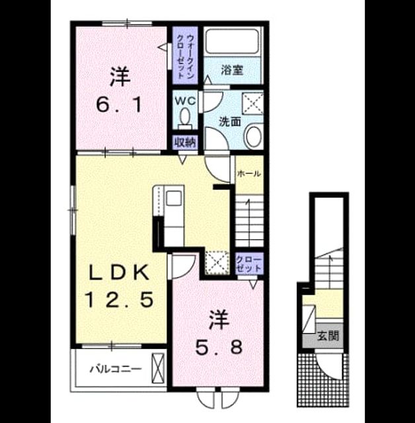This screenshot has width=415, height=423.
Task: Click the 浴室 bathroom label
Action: click(232, 70)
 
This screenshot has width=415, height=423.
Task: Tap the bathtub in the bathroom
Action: click(232, 41)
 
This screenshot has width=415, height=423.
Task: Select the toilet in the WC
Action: click(185, 119)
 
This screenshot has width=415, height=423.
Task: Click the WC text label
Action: click(185, 101)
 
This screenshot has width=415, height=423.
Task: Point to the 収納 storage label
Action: click(185, 142)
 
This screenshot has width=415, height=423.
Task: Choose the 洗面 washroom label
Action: click(230, 122)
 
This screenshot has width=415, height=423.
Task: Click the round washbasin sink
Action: click(253, 136)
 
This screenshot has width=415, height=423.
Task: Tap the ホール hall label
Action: click(248, 174)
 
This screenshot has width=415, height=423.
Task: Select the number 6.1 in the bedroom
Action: click(119, 105)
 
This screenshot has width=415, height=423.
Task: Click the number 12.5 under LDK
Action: click(120, 299)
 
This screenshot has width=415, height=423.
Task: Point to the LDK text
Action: click(119, 272)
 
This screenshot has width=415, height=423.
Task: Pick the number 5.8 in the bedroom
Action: click(219, 348)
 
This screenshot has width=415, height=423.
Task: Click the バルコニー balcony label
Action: click(116, 369)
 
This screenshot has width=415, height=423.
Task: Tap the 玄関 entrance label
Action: click(328, 336)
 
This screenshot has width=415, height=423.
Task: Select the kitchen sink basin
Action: click(174, 198)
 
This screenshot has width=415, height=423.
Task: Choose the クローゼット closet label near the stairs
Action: click(248, 264)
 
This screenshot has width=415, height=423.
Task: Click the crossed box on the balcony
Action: click(158, 369)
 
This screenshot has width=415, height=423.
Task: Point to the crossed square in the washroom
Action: click(252, 104)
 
